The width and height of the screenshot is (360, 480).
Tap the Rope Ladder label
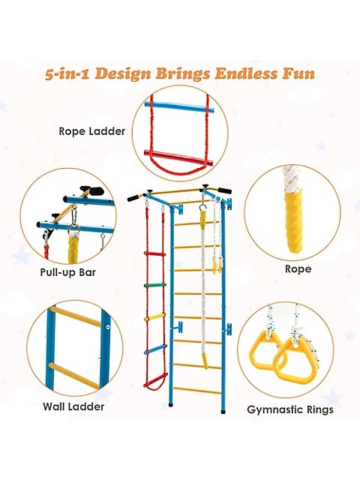[x=91, y=131]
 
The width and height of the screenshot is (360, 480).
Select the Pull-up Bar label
[x=68, y=272]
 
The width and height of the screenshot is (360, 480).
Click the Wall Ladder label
[x=73, y=406]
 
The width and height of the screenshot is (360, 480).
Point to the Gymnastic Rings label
[x=290, y=409]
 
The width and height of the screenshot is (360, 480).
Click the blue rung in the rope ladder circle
[x=179, y=106]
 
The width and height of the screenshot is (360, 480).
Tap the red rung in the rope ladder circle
[x=178, y=157]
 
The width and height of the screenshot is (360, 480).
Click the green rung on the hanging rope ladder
[x=155, y=285]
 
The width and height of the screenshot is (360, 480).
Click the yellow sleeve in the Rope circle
[x=293, y=221]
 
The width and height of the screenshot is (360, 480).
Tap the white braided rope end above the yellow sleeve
[x=292, y=178]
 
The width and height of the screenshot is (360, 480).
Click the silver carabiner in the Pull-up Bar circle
[x=73, y=218]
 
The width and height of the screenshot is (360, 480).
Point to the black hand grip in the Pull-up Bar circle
[x=92, y=190]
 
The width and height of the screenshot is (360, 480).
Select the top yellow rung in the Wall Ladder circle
[x=75, y=316]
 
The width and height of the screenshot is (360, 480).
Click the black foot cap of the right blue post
[x=223, y=410]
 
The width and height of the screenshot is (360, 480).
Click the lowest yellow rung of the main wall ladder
[x=196, y=390]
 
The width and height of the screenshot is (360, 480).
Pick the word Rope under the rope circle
[x=298, y=269]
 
